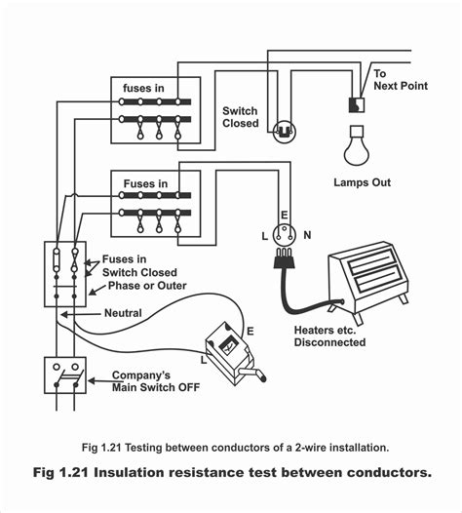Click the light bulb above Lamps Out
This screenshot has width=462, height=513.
(x=355, y=147)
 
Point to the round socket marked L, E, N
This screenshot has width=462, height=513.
(x=286, y=233)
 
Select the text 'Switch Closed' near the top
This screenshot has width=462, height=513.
(x=241, y=117)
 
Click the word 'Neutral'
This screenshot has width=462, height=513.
(x=123, y=313)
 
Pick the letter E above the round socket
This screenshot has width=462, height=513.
(x=285, y=215)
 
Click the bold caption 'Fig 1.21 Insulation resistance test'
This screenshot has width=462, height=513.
(x=231, y=472)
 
